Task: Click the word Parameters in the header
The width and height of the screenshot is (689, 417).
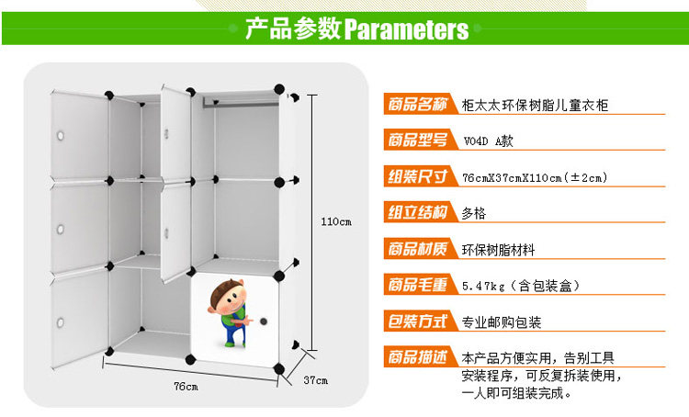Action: point(406,29)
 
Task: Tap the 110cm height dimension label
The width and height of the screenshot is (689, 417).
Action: point(337,222)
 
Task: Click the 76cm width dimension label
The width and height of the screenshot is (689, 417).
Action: point(186,386)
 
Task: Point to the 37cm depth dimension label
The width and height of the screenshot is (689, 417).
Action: point(315,380)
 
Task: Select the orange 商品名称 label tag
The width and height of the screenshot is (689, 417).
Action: point(419,105)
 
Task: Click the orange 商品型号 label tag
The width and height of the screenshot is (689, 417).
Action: point(419,141)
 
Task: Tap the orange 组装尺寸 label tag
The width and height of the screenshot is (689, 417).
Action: point(419,176)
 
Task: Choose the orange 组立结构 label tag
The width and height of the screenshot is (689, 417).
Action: point(419,212)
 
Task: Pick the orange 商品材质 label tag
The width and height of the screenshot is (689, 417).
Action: point(419,249)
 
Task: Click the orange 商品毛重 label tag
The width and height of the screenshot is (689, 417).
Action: point(419,285)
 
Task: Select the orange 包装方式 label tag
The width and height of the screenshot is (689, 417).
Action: point(419,321)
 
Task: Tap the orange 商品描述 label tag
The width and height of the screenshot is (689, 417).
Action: point(419,357)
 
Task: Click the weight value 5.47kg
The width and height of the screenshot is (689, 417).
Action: point(481,286)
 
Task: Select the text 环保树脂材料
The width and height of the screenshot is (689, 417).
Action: point(498,250)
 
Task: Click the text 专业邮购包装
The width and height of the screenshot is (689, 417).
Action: point(502,322)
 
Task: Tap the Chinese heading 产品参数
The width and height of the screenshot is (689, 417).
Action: point(293,29)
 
